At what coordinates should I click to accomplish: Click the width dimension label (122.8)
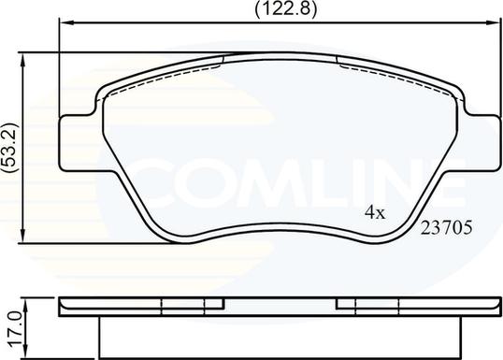coord(285,8)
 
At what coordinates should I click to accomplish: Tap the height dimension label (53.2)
coord(9,148)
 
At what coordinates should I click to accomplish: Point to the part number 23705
coord(447,227)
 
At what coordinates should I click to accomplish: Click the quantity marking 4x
coord(375,212)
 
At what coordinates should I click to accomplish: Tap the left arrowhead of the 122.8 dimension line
coord(66,22)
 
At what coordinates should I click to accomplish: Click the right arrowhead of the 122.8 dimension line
coord(493,22)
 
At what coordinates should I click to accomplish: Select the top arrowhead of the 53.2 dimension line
coord(22,60)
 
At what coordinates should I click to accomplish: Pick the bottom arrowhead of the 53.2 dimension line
coord(22,236)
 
